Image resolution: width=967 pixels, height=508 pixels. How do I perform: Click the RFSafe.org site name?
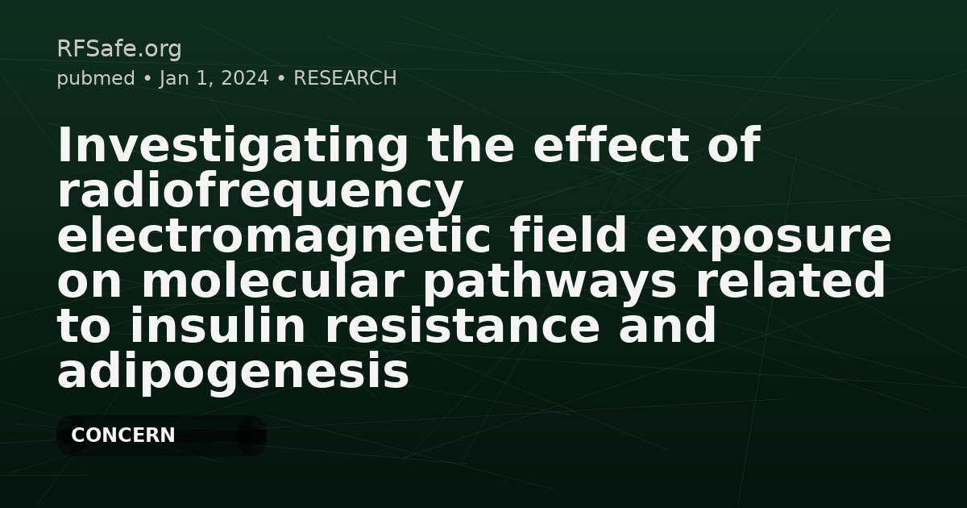point(119,49)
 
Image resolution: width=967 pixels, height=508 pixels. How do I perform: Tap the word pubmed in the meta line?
point(96,78)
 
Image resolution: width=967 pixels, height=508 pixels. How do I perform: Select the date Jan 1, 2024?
point(214,78)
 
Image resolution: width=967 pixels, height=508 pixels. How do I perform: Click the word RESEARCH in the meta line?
point(345,78)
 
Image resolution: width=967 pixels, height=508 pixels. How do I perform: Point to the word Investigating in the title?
point(233,147)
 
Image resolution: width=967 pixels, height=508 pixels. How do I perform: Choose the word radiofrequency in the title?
point(260,192)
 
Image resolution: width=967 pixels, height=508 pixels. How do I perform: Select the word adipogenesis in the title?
point(233,373)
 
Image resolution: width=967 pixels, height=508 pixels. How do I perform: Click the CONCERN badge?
point(123,435)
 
